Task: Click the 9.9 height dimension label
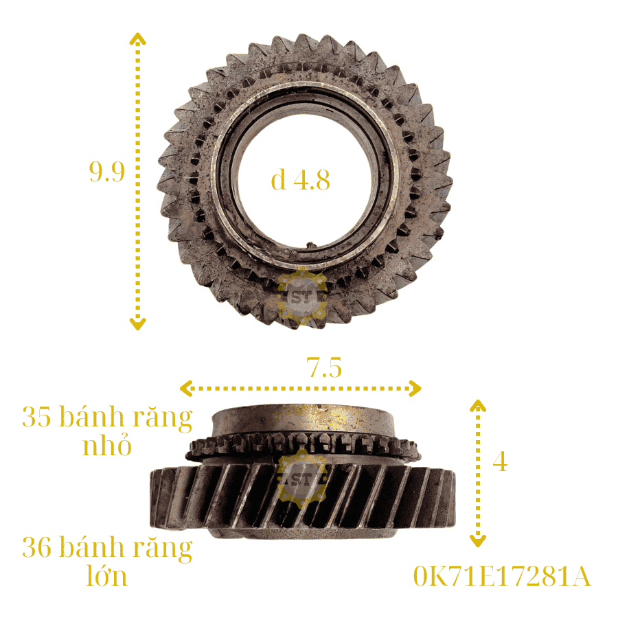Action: [x=107, y=172]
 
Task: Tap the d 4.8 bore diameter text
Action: [x=300, y=180]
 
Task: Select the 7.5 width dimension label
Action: [x=324, y=367]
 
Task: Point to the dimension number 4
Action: [x=500, y=461]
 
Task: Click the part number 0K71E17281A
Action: [x=502, y=576]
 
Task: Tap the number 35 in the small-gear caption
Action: [x=36, y=416]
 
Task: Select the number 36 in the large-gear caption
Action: [x=36, y=547]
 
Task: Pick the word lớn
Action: [x=107, y=576]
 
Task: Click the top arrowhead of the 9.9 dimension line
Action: [x=137, y=38]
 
